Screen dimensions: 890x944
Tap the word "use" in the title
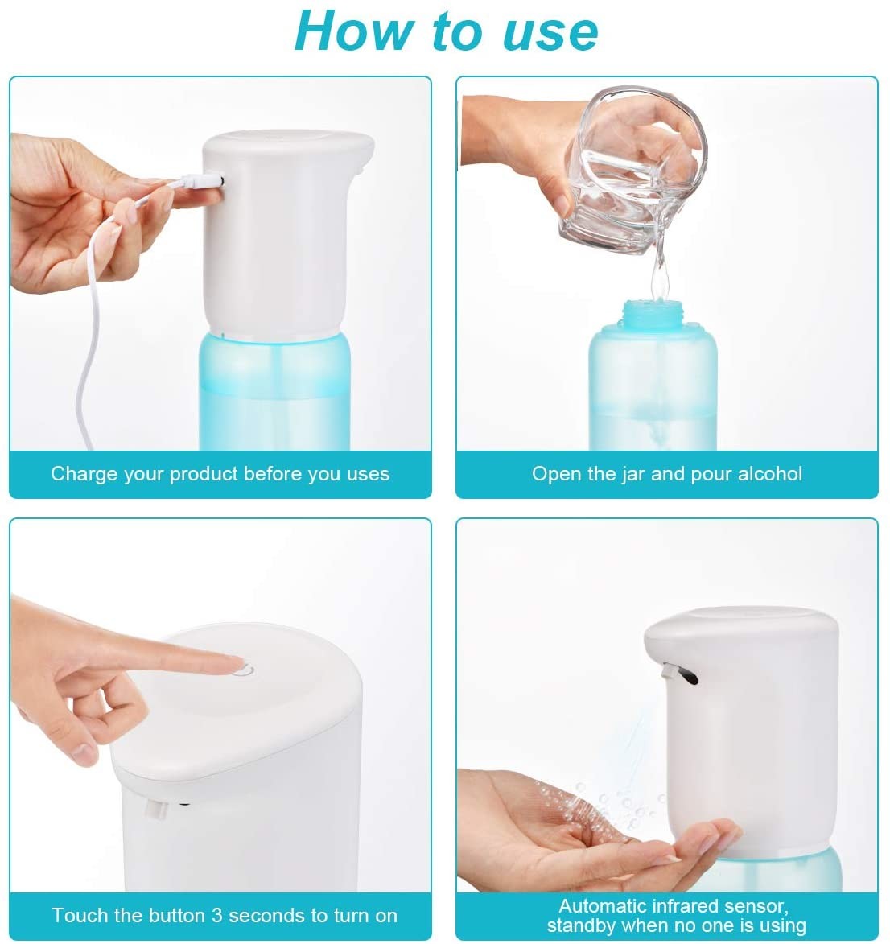[x=550, y=34]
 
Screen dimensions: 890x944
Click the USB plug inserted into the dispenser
[x=202, y=180]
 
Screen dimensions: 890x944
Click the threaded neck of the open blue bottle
[x=653, y=315]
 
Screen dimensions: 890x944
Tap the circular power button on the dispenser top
[x=244, y=669]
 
